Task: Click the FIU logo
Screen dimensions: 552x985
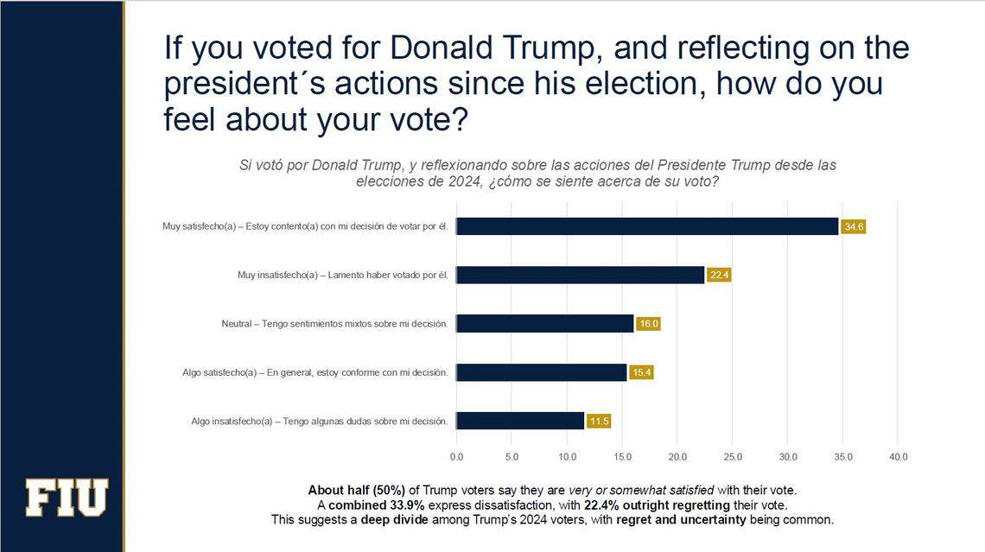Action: [67, 498]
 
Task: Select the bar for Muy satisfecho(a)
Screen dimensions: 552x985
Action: [647, 226]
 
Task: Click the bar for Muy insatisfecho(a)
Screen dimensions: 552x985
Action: [580, 275]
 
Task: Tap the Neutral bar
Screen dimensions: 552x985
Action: [544, 324]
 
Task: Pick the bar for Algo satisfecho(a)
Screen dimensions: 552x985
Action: [541, 372]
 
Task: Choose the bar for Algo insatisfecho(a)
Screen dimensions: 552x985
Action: [519, 421]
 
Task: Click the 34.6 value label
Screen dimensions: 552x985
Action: [854, 227]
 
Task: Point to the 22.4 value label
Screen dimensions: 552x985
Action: [719, 276]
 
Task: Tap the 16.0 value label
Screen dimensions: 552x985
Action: [648, 324]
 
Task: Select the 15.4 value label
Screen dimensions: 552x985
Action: [641, 372]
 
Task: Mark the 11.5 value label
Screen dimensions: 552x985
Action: [599, 422]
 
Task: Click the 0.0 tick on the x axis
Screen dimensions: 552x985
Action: [456, 456]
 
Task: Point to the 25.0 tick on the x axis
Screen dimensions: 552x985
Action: [733, 456]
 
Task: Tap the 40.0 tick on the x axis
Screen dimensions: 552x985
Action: [898, 456]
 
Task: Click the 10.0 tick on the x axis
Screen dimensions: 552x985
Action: [567, 456]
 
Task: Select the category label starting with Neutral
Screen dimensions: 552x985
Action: [334, 324]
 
